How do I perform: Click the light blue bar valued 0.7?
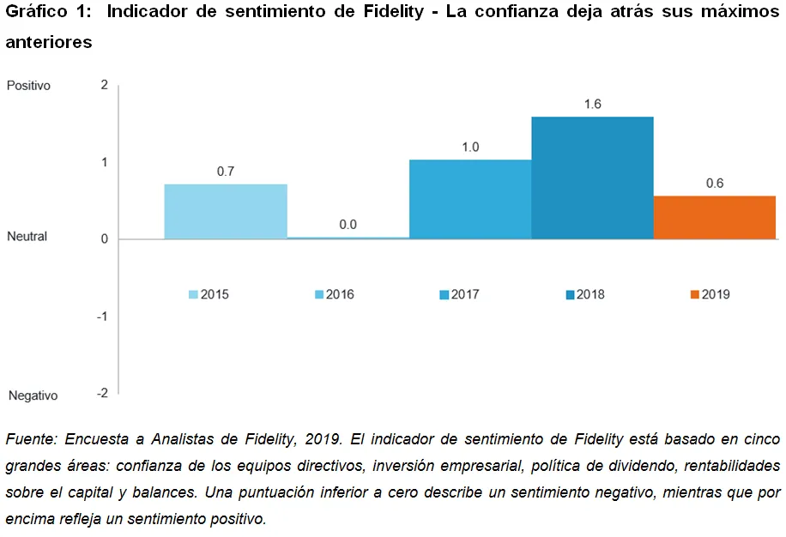click(226, 211)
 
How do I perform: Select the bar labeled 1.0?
click(470, 199)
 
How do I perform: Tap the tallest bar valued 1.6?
click(592, 178)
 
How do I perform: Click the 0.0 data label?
click(348, 225)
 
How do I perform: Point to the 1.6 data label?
click(592, 104)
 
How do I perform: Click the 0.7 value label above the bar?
click(226, 172)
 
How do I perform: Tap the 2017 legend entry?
click(459, 294)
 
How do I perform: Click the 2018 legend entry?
click(584, 294)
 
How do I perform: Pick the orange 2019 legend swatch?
click(695, 294)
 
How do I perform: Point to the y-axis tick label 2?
click(104, 85)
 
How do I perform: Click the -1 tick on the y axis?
click(102, 316)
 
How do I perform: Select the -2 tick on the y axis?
click(102, 393)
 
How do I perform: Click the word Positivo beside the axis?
click(29, 86)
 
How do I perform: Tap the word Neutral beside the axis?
click(27, 236)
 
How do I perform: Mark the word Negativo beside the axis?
click(33, 395)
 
